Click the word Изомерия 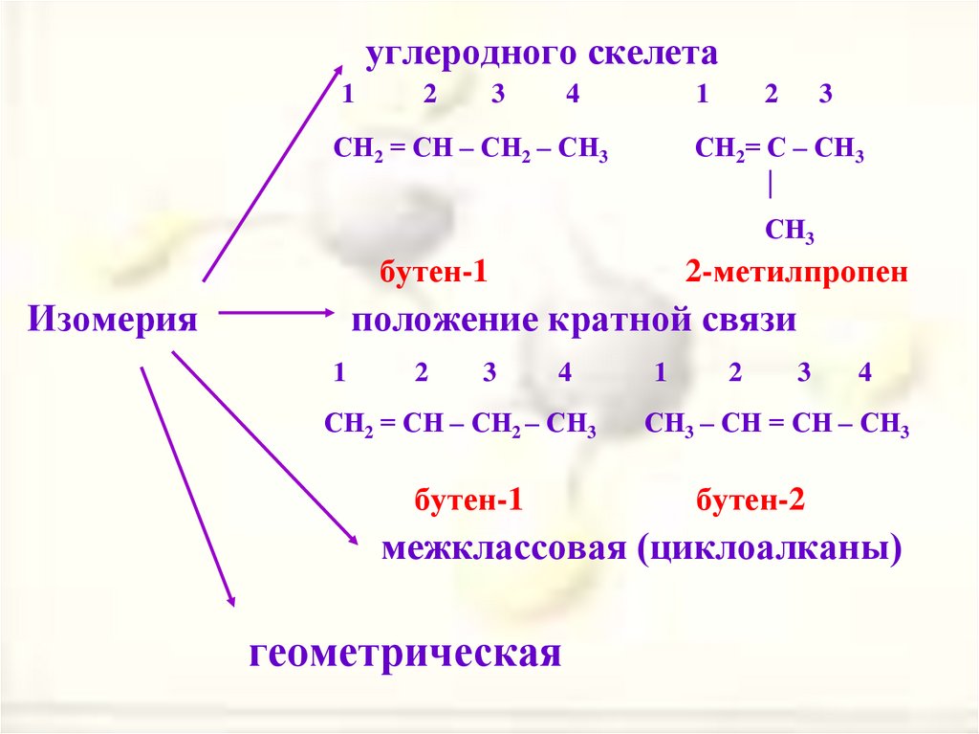pos(113,319)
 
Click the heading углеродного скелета pos(540,54)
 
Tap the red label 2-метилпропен pos(795,273)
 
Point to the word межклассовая pos(501,550)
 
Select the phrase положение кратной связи pos(574,319)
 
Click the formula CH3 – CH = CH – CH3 pos(775,426)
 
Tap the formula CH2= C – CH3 pos(779,152)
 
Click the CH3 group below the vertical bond pos(789,231)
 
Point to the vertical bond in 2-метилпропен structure pos(770,185)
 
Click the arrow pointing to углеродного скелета pos(272,172)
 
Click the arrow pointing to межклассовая pos(263,450)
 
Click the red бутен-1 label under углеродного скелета pos(434,273)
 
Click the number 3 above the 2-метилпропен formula pos(826,95)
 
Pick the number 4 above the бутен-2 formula pos(864,374)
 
